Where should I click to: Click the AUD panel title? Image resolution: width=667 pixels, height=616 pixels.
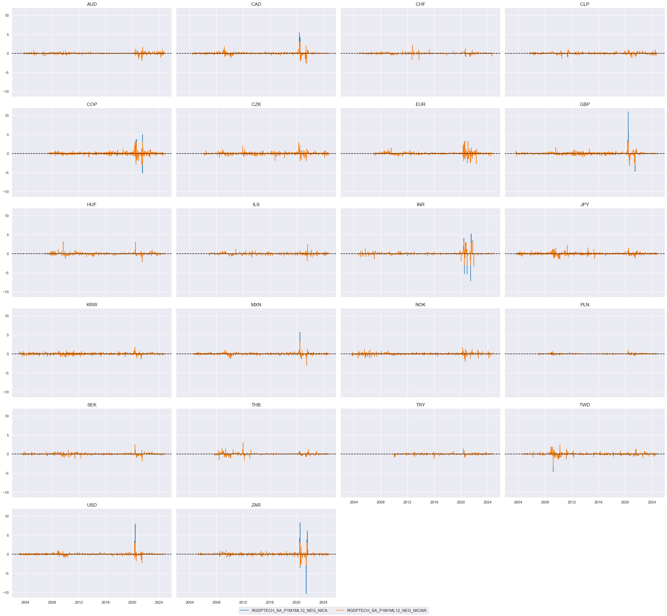coord(92,4)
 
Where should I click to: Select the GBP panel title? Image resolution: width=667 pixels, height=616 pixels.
coord(585,104)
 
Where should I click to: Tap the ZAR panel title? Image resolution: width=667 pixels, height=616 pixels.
coord(256,505)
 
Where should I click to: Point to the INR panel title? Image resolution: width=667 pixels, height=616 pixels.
coord(420,205)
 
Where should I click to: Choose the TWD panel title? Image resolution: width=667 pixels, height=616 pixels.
coord(585,405)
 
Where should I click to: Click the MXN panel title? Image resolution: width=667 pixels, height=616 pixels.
coord(256,305)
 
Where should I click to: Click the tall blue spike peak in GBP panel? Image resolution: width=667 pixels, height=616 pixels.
coord(628,112)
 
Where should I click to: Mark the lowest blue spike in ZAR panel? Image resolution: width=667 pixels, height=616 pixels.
coord(306,593)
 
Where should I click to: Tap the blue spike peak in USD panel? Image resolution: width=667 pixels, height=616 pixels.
coord(135,524)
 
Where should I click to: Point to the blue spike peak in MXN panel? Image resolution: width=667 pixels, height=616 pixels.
coord(300,332)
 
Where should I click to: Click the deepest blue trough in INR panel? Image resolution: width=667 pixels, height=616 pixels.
coord(470,281)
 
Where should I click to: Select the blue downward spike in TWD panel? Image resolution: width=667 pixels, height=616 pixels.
coord(553,472)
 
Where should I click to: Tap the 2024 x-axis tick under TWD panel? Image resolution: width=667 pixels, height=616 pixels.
coord(652,502)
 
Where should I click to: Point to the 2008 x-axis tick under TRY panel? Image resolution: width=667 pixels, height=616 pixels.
coord(380,502)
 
